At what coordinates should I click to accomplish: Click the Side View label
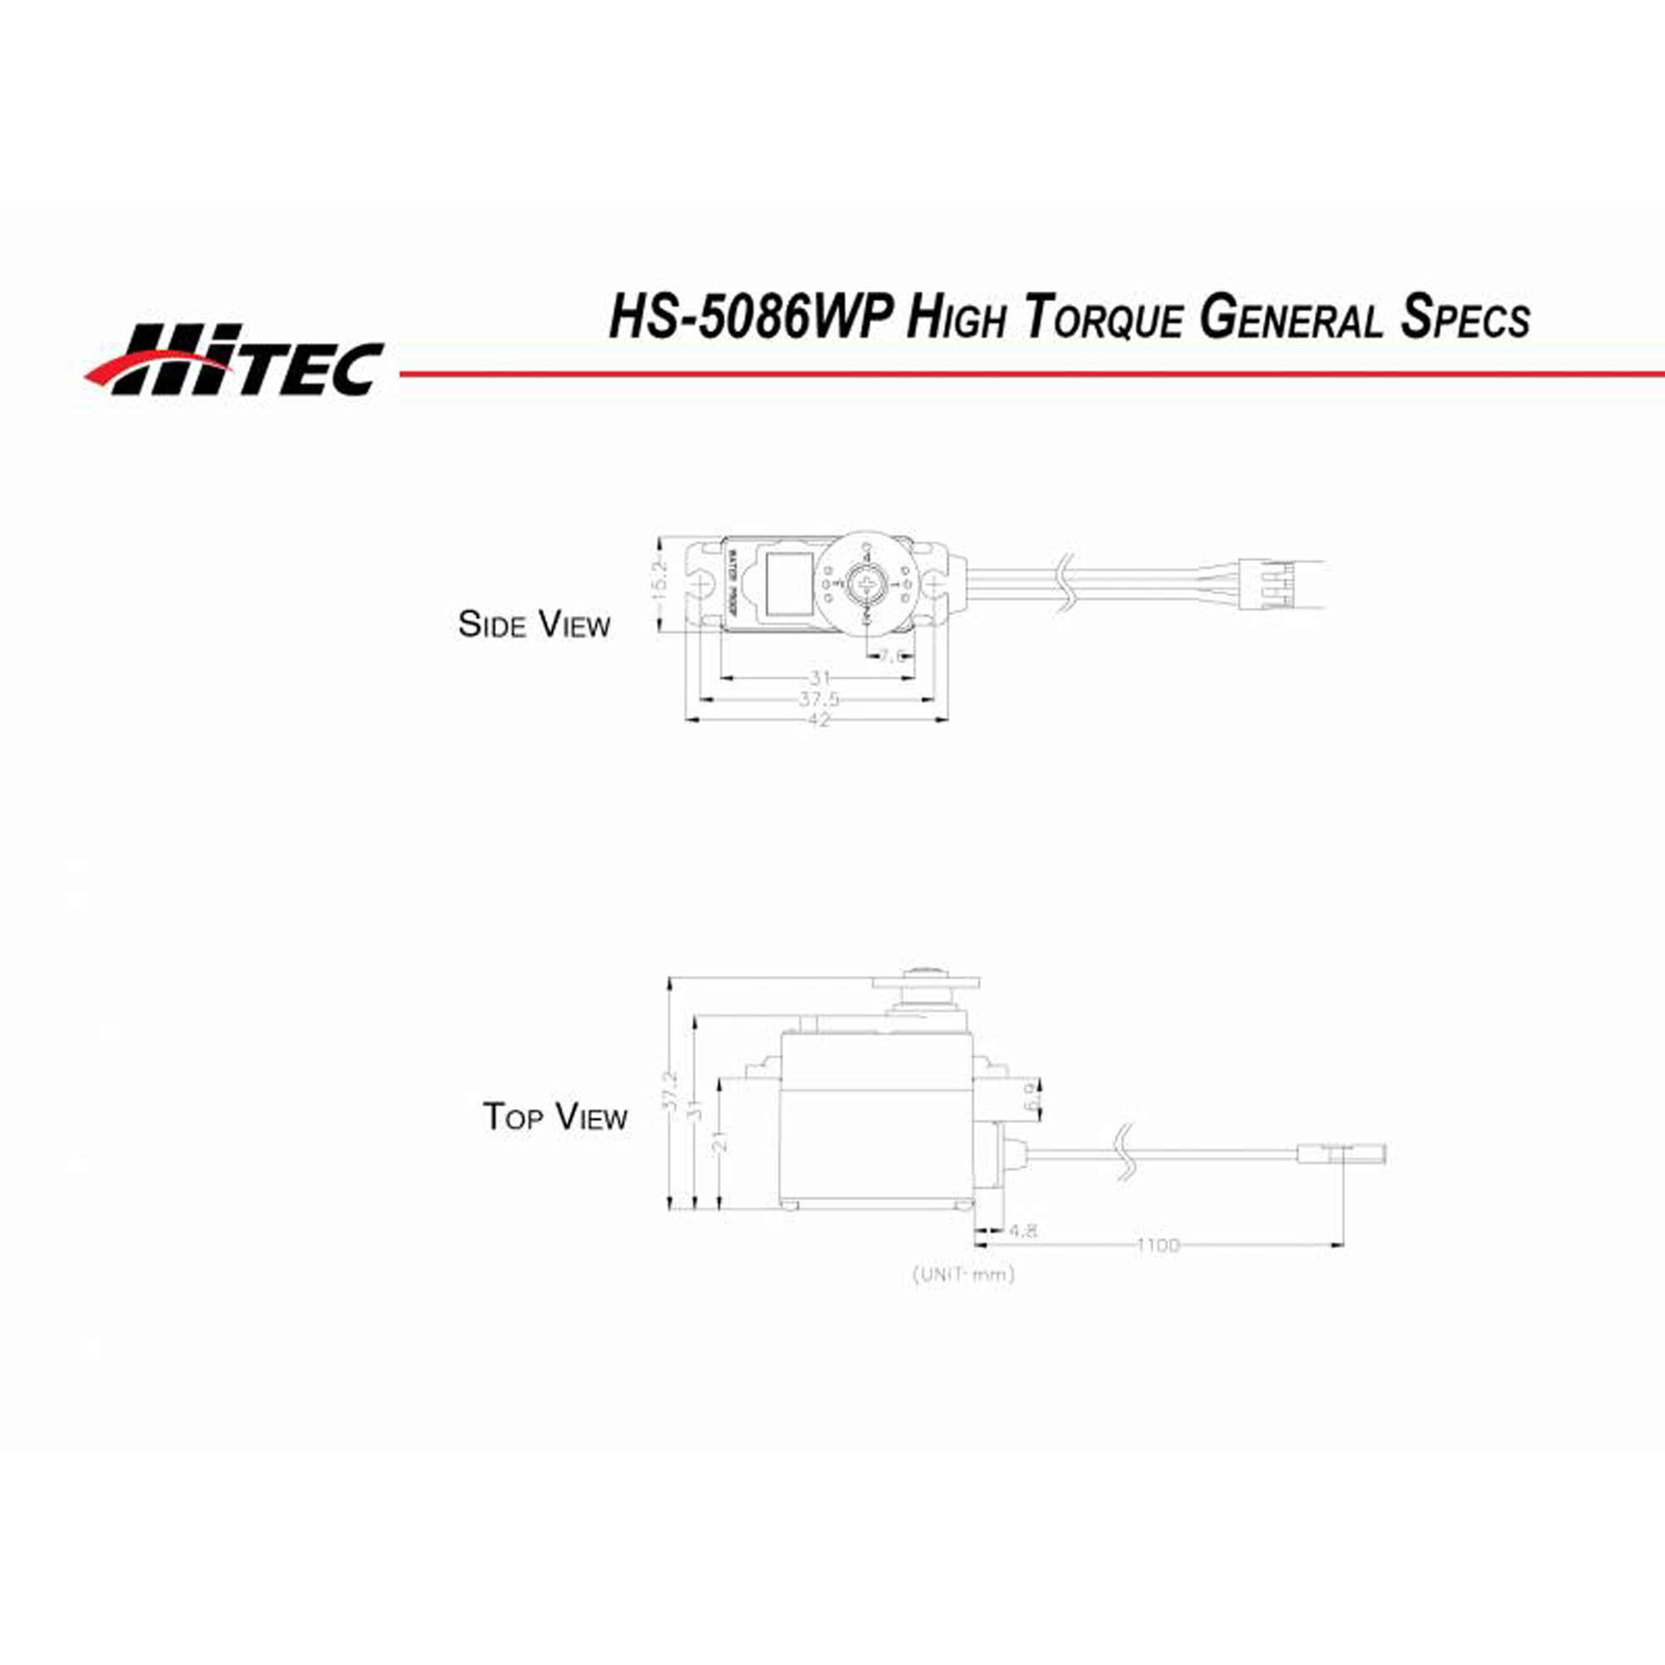pos(534,625)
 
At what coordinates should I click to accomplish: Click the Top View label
pos(554,1117)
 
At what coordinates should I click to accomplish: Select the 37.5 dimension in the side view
pos(818,699)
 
